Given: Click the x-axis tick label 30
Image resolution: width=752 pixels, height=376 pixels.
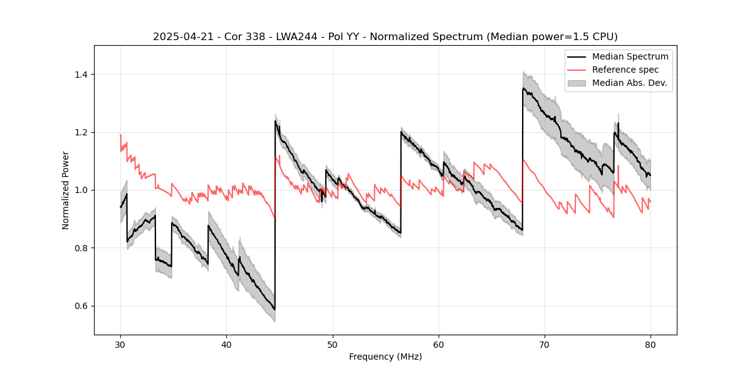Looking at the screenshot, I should coord(120,345).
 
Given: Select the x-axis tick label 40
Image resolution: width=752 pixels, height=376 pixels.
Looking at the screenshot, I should coord(226,345).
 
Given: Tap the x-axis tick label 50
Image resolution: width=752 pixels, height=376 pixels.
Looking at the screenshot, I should coord(332,345).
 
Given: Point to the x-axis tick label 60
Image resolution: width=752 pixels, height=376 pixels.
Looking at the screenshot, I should coord(438,345).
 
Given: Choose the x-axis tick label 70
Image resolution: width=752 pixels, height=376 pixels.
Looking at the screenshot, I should coord(544,345).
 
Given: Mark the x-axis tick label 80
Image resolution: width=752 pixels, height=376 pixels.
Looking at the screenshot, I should coord(650,345).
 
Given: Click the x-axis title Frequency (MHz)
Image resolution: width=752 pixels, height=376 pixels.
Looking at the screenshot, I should coord(385,357).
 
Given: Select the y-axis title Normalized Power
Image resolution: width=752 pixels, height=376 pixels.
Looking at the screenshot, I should coord(66,190).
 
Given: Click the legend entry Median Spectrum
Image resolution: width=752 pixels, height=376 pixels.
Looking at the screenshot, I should coord(630,56).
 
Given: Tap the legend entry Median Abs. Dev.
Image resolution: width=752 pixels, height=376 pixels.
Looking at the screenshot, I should coord(629,83).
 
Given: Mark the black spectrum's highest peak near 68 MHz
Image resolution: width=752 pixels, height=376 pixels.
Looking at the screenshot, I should coord(523,88).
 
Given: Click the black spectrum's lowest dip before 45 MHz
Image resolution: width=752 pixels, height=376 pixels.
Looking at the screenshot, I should coord(274,310).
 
